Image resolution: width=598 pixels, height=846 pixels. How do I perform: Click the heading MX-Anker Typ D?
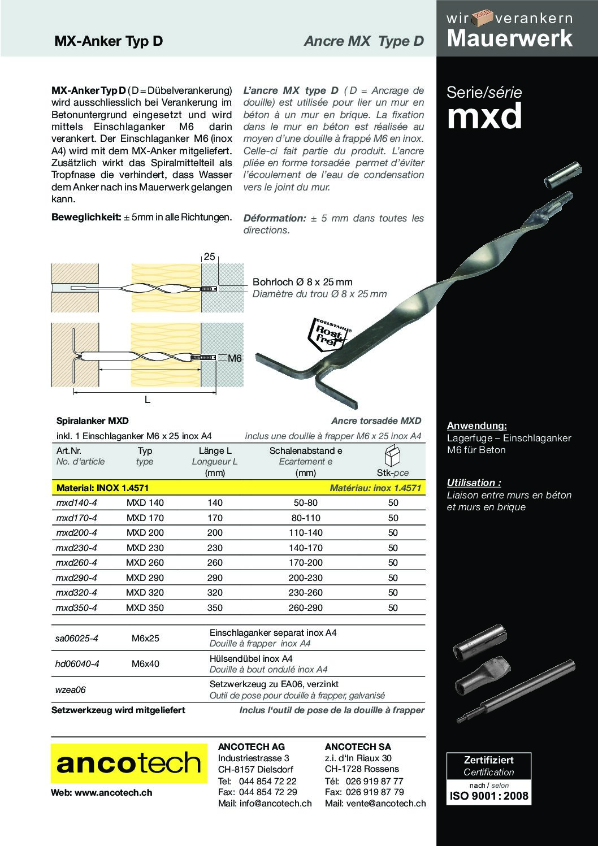[108, 41]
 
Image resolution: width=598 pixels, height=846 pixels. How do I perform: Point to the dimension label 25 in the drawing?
[209, 257]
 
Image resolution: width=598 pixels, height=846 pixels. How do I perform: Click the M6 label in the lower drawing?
[235, 358]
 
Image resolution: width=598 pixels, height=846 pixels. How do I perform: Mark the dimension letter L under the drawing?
[148, 400]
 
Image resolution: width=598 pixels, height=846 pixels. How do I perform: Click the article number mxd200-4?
[77, 532]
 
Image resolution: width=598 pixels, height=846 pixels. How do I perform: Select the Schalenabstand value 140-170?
[306, 548]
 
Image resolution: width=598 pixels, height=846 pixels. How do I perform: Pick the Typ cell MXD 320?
[145, 592]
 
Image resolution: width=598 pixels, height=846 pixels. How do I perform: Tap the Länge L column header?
[215, 451]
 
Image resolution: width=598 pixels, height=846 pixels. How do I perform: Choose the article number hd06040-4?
[77, 663]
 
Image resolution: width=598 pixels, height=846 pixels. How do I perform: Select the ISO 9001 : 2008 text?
[489, 796]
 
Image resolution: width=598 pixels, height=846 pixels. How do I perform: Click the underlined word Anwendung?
[476, 426]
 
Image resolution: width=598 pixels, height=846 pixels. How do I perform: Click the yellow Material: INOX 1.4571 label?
[100, 488]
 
